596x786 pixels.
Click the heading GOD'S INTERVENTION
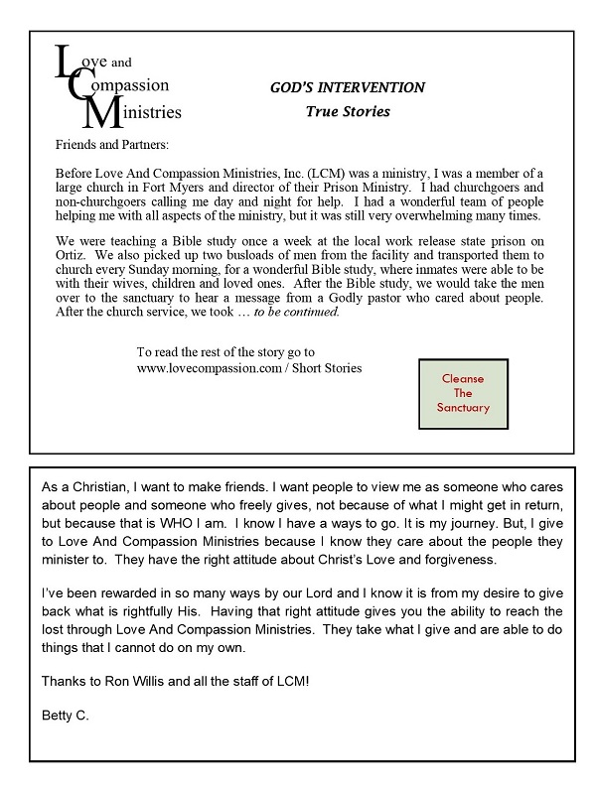(348, 88)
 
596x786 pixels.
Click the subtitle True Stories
(347, 111)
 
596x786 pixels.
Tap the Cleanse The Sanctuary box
(463, 394)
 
